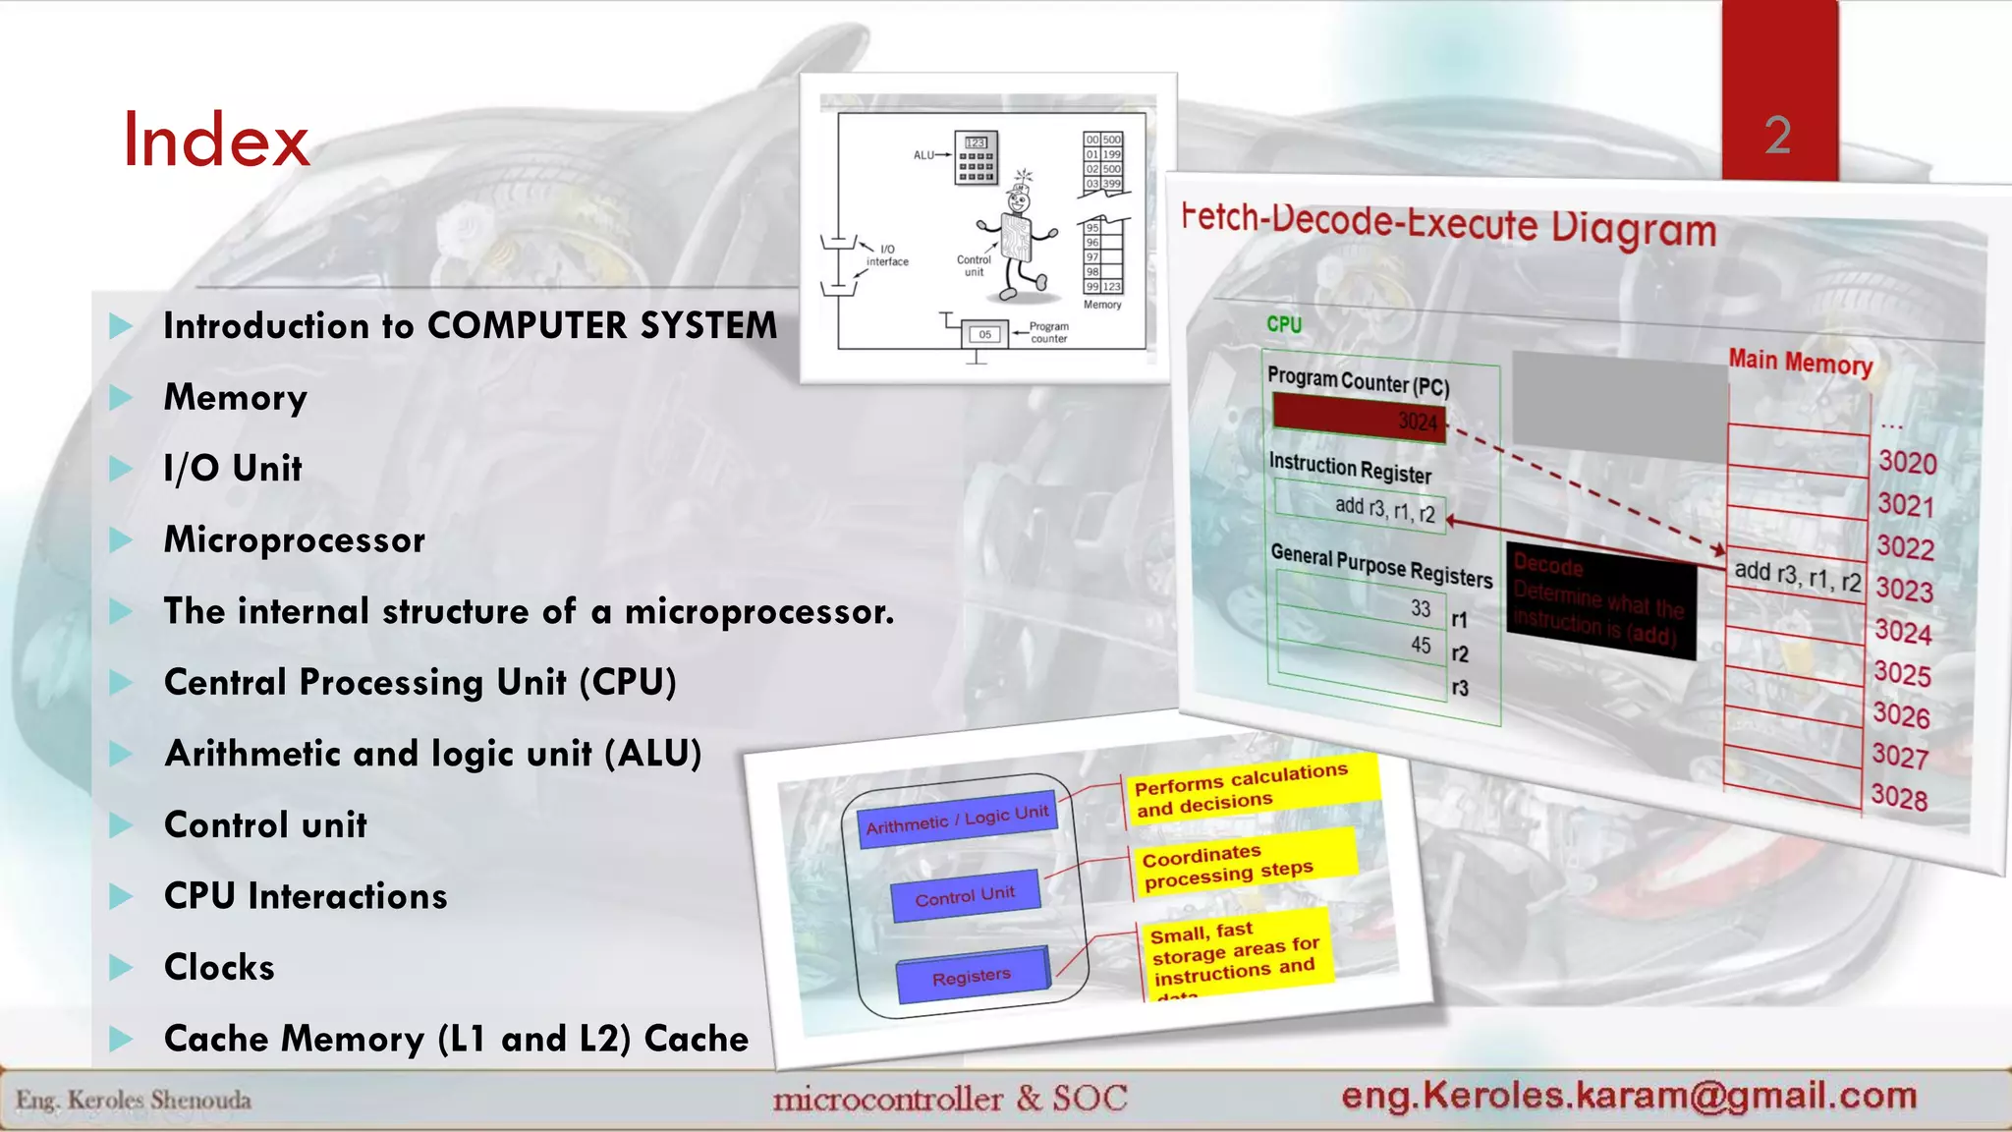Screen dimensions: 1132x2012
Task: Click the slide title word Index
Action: pos(215,141)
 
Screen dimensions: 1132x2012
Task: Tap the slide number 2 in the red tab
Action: pos(1777,135)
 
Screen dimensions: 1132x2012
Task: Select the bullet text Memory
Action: pos(235,397)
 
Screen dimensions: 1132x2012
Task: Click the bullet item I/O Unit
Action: pos(232,469)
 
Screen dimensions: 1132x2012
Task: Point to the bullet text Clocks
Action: pos(219,968)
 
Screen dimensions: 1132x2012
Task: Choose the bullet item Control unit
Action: pos(265,825)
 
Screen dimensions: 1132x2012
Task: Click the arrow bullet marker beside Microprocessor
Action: pos(121,540)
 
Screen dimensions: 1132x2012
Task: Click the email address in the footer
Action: pos(1629,1096)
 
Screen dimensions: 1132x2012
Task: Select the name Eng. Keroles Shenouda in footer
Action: pos(134,1101)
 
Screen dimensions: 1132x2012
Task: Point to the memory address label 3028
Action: pos(1898,797)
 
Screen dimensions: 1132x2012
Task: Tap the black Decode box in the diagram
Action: pos(1600,600)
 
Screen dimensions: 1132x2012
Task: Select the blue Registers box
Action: pos(972,976)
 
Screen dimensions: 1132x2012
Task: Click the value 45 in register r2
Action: pos(1421,646)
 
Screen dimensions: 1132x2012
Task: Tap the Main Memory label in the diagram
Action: pos(1800,363)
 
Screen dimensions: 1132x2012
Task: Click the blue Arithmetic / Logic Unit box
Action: pos(958,819)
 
